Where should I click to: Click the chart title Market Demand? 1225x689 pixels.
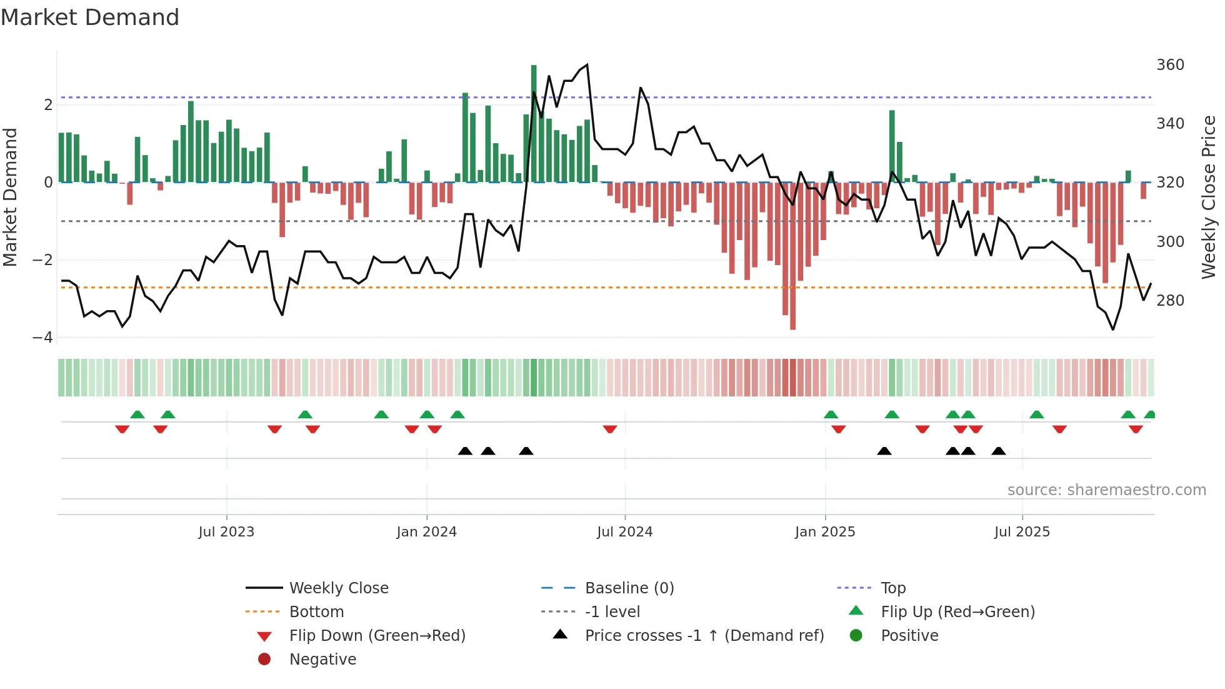pos(90,18)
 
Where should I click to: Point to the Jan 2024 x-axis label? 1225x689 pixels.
pos(426,532)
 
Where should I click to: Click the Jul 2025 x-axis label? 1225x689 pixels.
pos(1022,532)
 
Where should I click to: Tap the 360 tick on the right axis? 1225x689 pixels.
pos(1170,65)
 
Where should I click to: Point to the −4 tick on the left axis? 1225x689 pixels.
pos(42,338)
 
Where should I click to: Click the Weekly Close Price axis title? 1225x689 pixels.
pos(1209,197)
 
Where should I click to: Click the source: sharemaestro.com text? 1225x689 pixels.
pos(1106,490)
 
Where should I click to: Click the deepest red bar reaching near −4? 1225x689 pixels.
pos(792,256)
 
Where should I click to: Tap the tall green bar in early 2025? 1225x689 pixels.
pos(892,146)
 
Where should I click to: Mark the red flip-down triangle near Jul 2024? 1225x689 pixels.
pos(610,429)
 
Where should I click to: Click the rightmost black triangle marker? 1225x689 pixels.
pos(999,451)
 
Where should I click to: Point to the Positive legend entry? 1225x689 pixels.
pos(909,636)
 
